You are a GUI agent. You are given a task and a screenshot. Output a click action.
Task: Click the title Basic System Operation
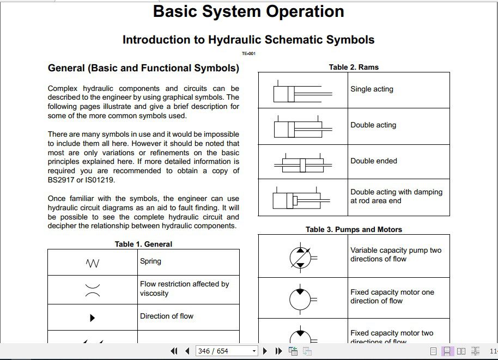(x=248, y=12)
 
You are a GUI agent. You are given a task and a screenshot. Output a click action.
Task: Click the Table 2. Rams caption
(x=354, y=67)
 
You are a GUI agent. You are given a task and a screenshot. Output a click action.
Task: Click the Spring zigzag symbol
(x=93, y=264)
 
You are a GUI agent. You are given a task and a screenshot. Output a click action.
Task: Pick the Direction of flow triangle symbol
(x=93, y=318)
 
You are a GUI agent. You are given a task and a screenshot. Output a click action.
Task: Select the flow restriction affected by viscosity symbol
(x=93, y=289)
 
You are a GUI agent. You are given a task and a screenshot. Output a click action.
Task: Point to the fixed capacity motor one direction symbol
(x=300, y=298)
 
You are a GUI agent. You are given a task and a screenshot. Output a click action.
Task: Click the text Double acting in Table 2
(x=373, y=125)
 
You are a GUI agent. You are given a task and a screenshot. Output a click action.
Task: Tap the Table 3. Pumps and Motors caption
(x=354, y=229)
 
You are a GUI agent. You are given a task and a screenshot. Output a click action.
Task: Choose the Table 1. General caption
(x=143, y=244)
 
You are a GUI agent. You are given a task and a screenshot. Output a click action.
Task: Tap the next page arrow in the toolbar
(x=265, y=351)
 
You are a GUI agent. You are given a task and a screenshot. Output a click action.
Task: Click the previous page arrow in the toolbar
(x=187, y=351)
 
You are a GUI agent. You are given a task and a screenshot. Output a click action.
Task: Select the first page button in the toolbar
(x=174, y=351)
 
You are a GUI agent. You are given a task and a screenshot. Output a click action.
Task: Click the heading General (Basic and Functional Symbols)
(x=143, y=68)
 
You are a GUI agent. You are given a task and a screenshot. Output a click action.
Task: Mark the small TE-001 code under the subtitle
(x=248, y=53)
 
